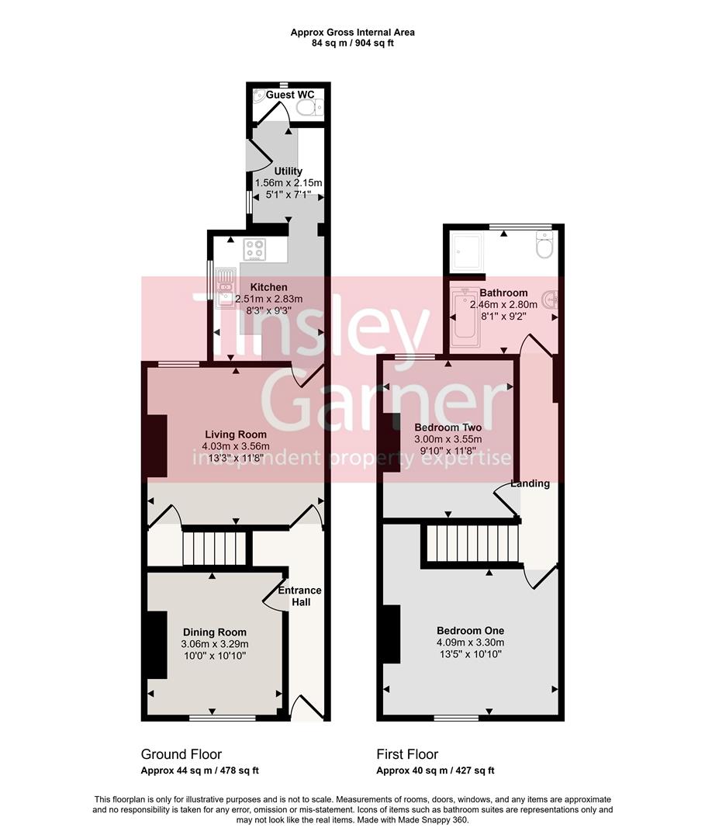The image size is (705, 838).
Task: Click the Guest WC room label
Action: coord(290,95)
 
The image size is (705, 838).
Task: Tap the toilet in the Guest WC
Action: coord(311,108)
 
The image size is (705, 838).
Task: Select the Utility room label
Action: coord(288,171)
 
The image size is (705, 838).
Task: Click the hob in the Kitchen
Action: coord(255,249)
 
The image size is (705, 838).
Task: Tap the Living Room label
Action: coord(235,435)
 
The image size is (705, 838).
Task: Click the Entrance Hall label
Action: coord(299,596)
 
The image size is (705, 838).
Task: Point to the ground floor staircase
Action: coord(214,546)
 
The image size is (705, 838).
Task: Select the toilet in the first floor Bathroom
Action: coord(544,248)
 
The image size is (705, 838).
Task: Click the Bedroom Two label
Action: coord(448,428)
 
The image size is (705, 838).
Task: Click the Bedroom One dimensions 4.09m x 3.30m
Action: coord(470,642)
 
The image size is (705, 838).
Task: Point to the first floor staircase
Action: coord(470,542)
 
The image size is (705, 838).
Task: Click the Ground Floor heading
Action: coord(181,754)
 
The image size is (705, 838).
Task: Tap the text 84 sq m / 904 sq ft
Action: coord(352,43)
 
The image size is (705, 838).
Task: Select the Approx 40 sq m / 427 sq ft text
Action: coord(435,770)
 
